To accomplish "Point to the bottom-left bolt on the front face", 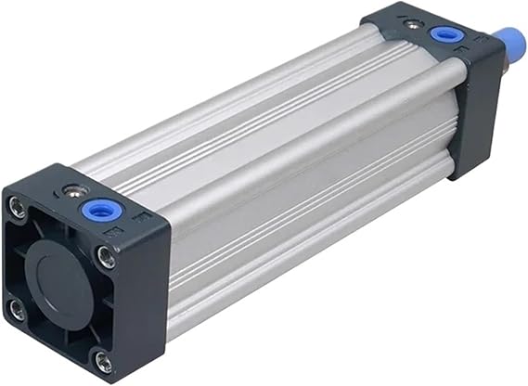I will tap(17, 309).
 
